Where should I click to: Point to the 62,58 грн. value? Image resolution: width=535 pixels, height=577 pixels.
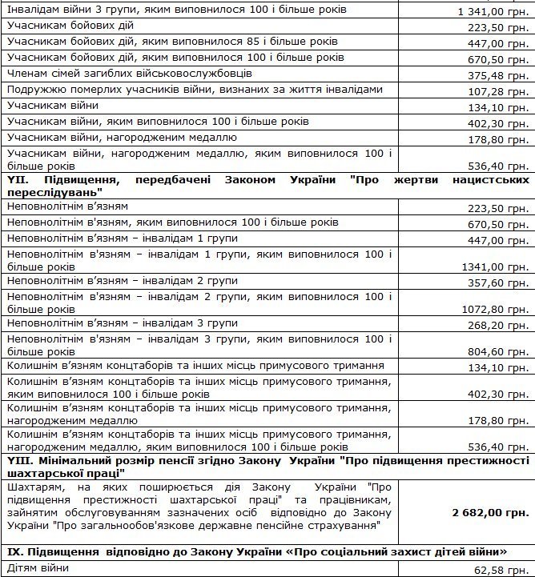(505, 570)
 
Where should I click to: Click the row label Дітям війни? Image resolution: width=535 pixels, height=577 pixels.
(38, 567)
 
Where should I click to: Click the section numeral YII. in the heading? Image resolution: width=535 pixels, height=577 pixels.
(17, 179)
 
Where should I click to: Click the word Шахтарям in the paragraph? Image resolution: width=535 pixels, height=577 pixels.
(30, 486)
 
